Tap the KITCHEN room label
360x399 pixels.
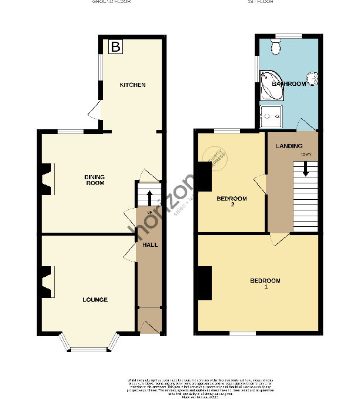pyautogui.click(x=132, y=85)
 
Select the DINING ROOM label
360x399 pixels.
pyautogui.click(x=94, y=180)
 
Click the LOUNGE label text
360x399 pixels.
pyautogui.click(x=95, y=300)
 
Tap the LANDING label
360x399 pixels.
pyautogui.click(x=289, y=146)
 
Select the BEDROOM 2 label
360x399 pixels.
pyautogui.click(x=232, y=202)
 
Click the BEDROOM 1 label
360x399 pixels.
pyautogui.click(x=265, y=283)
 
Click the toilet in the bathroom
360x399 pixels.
pyautogui.click(x=277, y=46)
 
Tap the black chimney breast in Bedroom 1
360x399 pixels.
pyautogui.click(x=205, y=282)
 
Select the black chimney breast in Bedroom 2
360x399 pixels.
pyautogui.click(x=205, y=176)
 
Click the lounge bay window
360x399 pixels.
pyautogui.click(x=88, y=344)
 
